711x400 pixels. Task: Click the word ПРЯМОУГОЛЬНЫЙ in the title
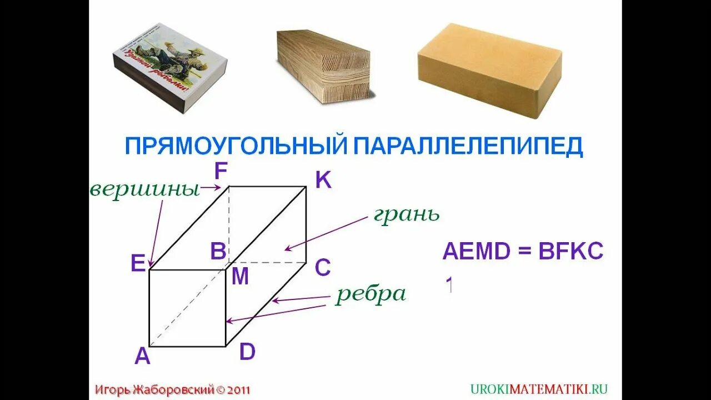click(x=235, y=146)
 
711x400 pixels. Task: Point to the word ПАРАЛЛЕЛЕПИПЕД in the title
click(x=468, y=146)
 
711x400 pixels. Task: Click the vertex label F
click(x=221, y=172)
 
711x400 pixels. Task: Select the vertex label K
click(x=323, y=180)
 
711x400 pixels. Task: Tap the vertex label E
click(x=138, y=263)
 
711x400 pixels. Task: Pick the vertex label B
click(x=218, y=252)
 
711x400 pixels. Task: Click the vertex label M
click(x=240, y=276)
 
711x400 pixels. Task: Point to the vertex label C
click(x=323, y=268)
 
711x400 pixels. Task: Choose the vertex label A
click(x=142, y=356)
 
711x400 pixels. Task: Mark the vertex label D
click(x=247, y=352)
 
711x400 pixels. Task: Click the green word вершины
click(x=144, y=190)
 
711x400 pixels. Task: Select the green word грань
click(x=407, y=214)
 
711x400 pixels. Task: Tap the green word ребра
click(x=370, y=294)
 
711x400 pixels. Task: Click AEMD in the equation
click(x=476, y=252)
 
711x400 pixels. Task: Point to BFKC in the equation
click(x=570, y=252)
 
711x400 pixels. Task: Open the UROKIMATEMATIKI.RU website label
click(x=539, y=389)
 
